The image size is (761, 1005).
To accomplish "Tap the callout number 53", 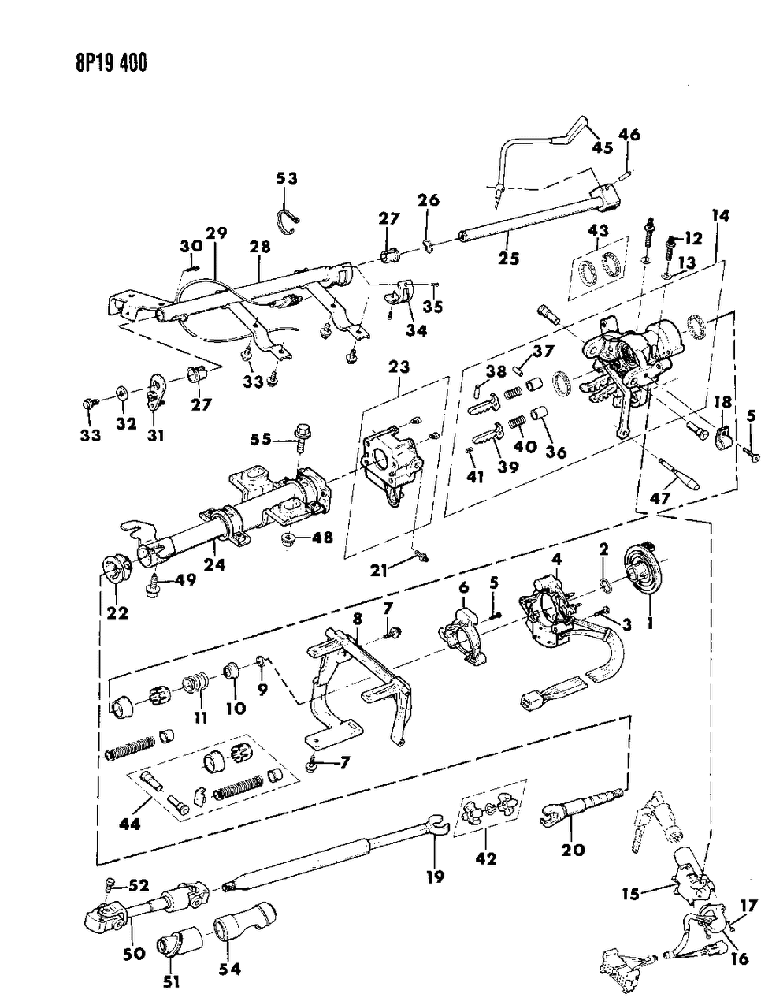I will coord(287,180).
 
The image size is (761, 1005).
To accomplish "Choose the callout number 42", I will coord(486,858).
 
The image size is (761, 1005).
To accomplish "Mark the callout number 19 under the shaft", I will coord(434,876).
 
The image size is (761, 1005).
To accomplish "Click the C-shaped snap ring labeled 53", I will coord(293,220).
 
